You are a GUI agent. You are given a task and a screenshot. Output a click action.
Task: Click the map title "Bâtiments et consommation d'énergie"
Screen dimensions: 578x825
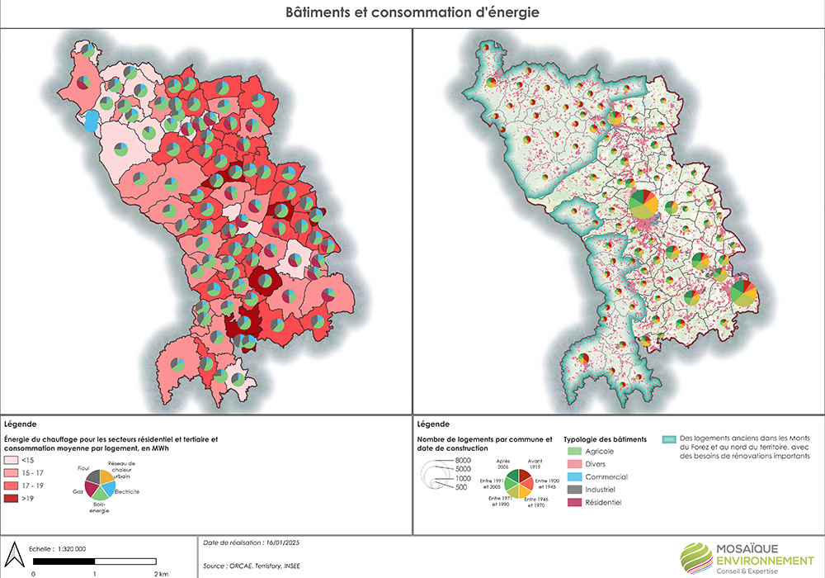[412, 13]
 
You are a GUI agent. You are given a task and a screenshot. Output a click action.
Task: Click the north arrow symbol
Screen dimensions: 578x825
[14, 552]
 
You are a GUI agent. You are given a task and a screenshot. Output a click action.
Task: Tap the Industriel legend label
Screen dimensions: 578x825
[606, 490]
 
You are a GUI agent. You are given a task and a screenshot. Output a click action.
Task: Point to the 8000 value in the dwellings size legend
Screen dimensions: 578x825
[462, 459]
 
